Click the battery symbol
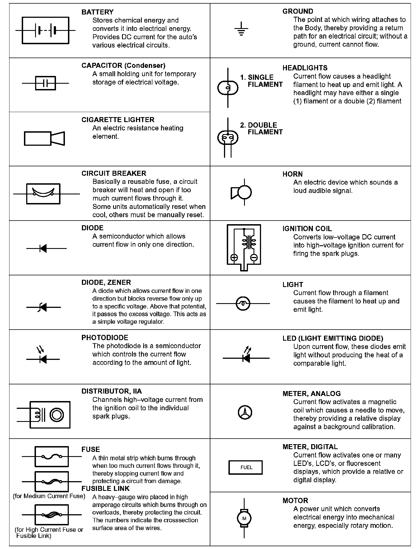pos(45,30)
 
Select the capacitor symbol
pos(45,83)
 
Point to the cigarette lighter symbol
pos(45,138)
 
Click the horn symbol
pos(242,192)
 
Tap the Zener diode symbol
pos(43,307)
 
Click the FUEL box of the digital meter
pos(245,468)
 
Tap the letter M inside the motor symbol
pos(244,518)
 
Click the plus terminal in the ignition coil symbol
pos(234,258)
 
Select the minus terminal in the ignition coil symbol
pos(254,258)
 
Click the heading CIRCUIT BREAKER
pos(114,173)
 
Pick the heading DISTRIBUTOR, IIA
pos(111,391)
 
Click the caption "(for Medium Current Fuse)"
pos(49,496)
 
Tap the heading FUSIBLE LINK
pos(105,489)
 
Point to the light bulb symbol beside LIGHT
pos(243,303)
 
